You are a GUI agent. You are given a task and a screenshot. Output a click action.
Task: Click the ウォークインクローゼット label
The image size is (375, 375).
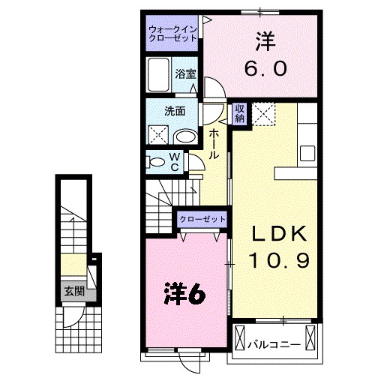click(172, 34)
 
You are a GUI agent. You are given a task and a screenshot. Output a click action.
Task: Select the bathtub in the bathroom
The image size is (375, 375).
click(159, 74)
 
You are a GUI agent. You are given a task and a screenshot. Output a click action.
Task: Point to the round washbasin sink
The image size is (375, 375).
click(184, 136)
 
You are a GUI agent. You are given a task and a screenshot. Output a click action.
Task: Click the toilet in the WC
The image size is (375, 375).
click(154, 161)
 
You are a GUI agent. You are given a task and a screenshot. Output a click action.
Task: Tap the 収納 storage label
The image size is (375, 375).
click(240, 113)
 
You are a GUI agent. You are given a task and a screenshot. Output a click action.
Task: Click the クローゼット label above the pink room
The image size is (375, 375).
click(202, 219)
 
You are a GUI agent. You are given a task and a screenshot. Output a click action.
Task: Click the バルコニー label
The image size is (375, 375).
click(274, 346)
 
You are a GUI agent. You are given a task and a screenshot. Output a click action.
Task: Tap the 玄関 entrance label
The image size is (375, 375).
click(73, 290)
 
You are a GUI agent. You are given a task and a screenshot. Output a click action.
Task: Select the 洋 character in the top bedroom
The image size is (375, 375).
click(264, 40)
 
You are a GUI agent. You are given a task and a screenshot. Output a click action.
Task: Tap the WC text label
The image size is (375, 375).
click(173, 161)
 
